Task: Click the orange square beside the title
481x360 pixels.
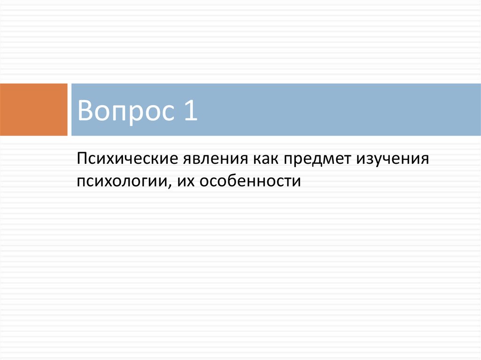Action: pyautogui.click(x=33, y=109)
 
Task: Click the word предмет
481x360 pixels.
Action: pyautogui.click(x=317, y=159)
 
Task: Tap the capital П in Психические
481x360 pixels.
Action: pyautogui.click(x=83, y=158)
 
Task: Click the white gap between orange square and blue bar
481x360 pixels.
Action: pyautogui.click(x=69, y=109)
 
